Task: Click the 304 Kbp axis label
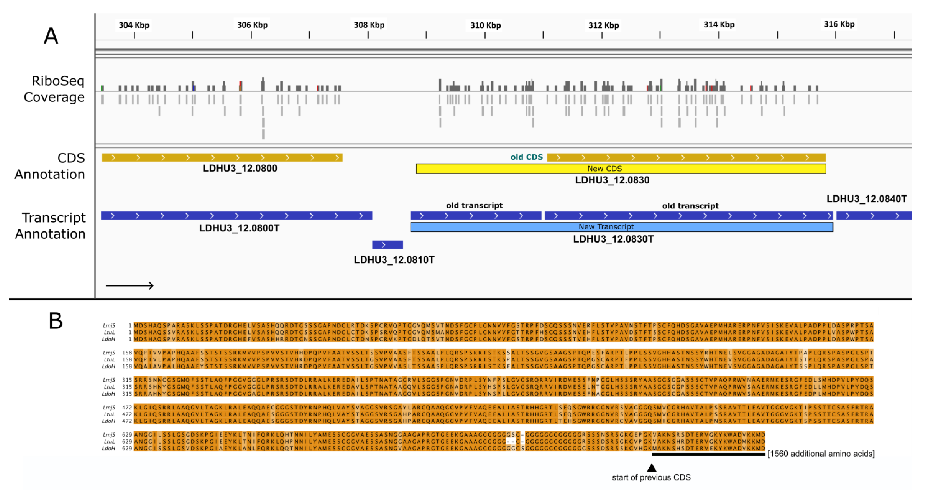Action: point(134,25)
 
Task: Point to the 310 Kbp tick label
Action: point(485,25)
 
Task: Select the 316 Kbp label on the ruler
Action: point(839,24)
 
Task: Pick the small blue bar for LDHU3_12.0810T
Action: point(387,245)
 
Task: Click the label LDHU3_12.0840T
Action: point(866,199)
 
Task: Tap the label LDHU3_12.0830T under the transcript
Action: point(613,239)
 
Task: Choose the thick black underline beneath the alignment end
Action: point(708,455)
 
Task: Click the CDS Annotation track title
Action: point(50,166)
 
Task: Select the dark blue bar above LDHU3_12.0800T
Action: point(237,216)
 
